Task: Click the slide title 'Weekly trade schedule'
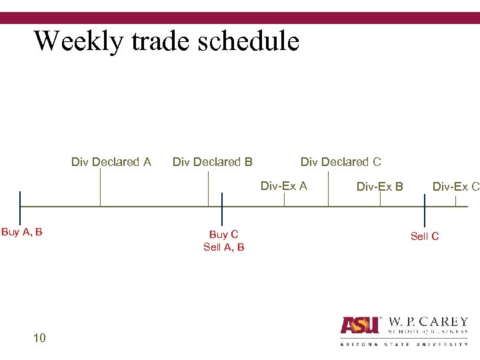167,41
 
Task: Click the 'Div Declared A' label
111,162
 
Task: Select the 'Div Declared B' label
212,162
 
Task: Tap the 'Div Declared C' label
341,162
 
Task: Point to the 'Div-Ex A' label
284,186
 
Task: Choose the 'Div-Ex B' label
380,187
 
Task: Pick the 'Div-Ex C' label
456,187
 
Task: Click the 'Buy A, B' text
22,232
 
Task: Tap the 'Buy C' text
223,235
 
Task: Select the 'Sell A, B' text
223,247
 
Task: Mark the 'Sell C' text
425,237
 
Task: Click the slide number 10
39,338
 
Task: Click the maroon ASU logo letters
360,325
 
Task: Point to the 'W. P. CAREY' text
427,322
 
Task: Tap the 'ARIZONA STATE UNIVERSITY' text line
404,344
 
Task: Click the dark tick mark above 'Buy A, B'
20,206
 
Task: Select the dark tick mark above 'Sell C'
425,206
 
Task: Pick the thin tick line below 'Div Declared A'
100,187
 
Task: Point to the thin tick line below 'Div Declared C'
328,187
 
